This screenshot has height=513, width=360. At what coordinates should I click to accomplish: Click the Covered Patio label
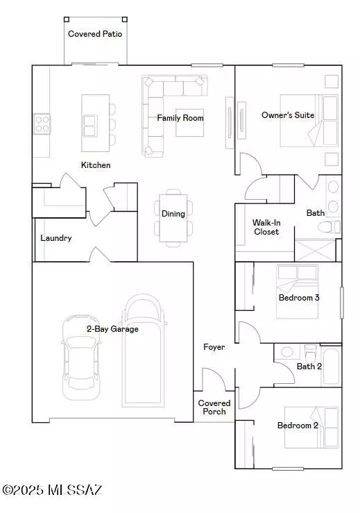coord(95,34)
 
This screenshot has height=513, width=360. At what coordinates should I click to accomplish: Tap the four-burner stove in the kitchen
coord(42,124)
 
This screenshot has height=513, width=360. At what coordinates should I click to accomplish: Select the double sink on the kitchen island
coord(90,126)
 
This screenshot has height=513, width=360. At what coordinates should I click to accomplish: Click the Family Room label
coord(180,118)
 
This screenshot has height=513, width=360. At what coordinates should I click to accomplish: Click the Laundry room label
coord(56,238)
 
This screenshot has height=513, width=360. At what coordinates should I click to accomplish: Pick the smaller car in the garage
coord(80,358)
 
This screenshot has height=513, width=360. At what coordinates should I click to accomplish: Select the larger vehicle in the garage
coord(143,350)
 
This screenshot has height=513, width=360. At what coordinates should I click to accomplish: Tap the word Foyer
coord(214,347)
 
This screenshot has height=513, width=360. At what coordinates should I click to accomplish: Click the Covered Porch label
coord(214,407)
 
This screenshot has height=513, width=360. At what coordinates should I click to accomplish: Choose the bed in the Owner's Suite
coord(309,120)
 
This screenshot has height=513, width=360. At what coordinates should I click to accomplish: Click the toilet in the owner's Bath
coord(329,227)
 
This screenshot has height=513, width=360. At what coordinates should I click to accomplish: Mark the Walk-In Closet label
coord(266,227)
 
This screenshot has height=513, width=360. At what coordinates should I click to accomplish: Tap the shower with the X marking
coord(315,250)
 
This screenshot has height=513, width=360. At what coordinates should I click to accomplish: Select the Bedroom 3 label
coord(299,297)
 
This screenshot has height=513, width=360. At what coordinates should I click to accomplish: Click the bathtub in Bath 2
coord(332,367)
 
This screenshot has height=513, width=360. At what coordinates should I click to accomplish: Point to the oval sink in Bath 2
coord(286,352)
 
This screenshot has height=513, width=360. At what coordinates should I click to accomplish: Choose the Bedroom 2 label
coord(298,426)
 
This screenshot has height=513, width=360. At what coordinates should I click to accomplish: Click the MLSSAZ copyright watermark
coord(52,490)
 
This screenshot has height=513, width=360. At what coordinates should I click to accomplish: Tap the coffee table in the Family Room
coord(189,122)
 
